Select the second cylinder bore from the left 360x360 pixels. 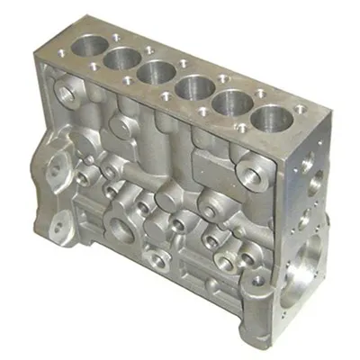121,58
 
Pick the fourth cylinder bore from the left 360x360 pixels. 191,88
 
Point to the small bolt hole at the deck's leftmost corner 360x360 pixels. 60,49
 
